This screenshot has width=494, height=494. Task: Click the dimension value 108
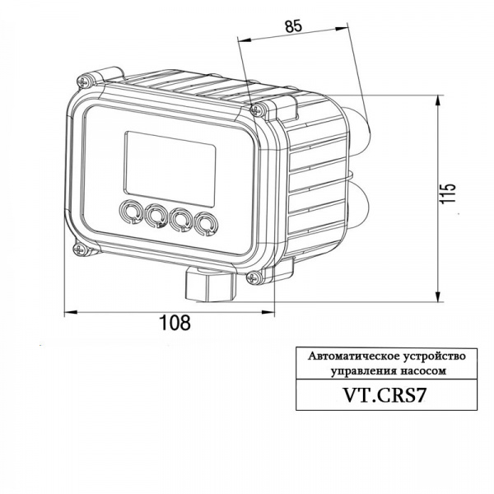[174, 323]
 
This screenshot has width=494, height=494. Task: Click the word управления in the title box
[360, 371]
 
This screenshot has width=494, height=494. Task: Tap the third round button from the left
[181, 218]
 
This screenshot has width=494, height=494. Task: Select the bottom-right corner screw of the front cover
[252, 277]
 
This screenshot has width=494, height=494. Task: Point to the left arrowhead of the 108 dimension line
[68, 311]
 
